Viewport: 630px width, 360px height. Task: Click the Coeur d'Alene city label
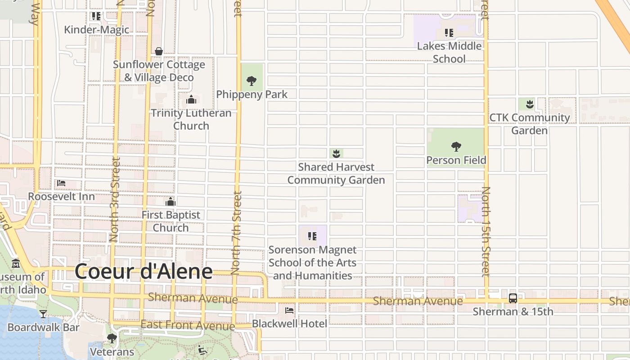(144, 271)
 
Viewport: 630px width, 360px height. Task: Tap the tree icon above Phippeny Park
(252, 81)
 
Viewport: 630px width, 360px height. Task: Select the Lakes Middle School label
(449, 52)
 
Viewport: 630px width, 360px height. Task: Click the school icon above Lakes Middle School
(449, 32)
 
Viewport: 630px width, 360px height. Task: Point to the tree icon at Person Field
(456, 146)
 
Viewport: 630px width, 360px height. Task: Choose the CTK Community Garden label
(530, 124)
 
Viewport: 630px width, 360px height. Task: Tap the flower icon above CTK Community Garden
(530, 104)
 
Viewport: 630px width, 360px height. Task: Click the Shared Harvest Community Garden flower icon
(336, 154)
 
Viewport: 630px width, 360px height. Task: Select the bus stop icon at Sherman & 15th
(513, 298)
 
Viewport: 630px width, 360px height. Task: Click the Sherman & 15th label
(513, 311)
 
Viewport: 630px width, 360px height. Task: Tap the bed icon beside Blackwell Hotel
(289, 310)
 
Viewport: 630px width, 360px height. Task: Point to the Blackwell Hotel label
(289, 323)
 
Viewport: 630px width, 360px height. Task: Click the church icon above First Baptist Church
(171, 201)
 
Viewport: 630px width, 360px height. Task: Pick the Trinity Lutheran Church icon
(191, 99)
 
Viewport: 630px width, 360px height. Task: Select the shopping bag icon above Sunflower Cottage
(159, 51)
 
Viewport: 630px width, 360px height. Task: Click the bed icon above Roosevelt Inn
(61, 183)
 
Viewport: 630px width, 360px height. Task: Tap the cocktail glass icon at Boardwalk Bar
(43, 314)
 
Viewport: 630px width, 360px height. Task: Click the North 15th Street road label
(486, 231)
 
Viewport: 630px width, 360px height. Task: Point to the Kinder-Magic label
(96, 30)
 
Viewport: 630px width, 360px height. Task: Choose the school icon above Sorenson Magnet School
(312, 236)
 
